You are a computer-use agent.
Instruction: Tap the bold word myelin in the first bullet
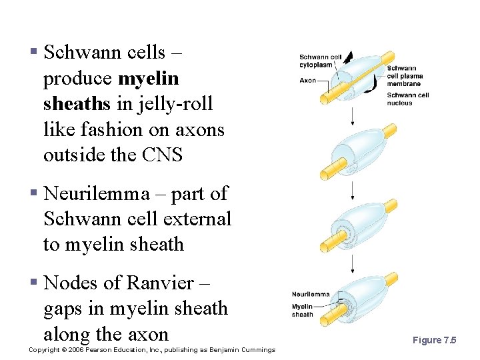pyautogui.click(x=148, y=79)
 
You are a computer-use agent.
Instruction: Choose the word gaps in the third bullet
pyautogui.click(x=64, y=309)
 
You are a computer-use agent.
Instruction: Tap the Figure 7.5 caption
pyautogui.click(x=434, y=340)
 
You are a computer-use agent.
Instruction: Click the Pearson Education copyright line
pyautogui.click(x=152, y=349)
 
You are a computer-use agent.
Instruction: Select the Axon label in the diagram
pyautogui.click(x=307, y=81)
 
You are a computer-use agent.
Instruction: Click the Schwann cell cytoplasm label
pyautogui.click(x=320, y=61)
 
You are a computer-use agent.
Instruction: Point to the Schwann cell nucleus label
pyautogui.click(x=407, y=99)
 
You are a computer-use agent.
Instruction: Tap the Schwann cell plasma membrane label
pyautogui.click(x=404, y=76)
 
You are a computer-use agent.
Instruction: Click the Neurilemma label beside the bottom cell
pyautogui.click(x=310, y=294)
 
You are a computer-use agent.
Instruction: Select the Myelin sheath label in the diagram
pyautogui.click(x=302, y=311)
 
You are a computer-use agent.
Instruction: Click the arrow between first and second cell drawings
pyautogui.click(x=353, y=117)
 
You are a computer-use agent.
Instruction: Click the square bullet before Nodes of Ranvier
pyautogui.click(x=33, y=284)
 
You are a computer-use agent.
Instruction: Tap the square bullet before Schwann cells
pyautogui.click(x=33, y=53)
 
